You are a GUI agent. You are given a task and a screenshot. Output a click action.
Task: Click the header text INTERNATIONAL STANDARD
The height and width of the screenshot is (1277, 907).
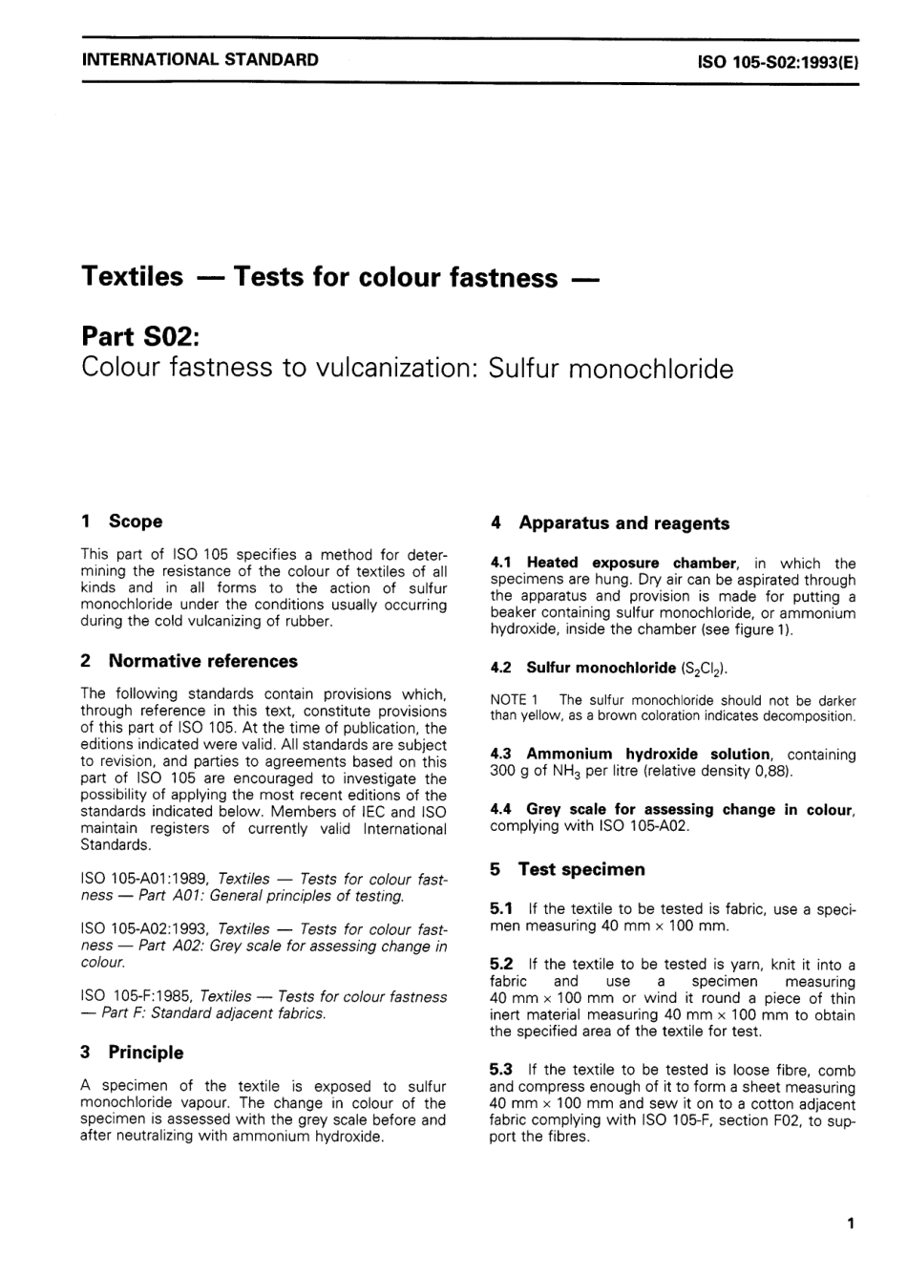(x=200, y=59)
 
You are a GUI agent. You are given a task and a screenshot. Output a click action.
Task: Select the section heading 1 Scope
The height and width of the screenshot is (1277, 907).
(x=122, y=521)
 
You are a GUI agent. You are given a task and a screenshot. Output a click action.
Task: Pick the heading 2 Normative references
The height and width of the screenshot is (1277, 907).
(x=189, y=661)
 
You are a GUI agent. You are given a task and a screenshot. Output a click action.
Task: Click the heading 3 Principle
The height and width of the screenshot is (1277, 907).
(x=132, y=1053)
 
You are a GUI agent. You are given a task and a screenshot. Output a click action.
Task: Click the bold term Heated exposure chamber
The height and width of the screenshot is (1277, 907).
(x=631, y=564)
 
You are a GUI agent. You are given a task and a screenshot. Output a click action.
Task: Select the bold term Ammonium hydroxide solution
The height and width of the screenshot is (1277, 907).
(x=647, y=755)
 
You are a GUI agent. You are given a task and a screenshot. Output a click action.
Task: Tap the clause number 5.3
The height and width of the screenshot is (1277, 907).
(x=501, y=1070)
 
